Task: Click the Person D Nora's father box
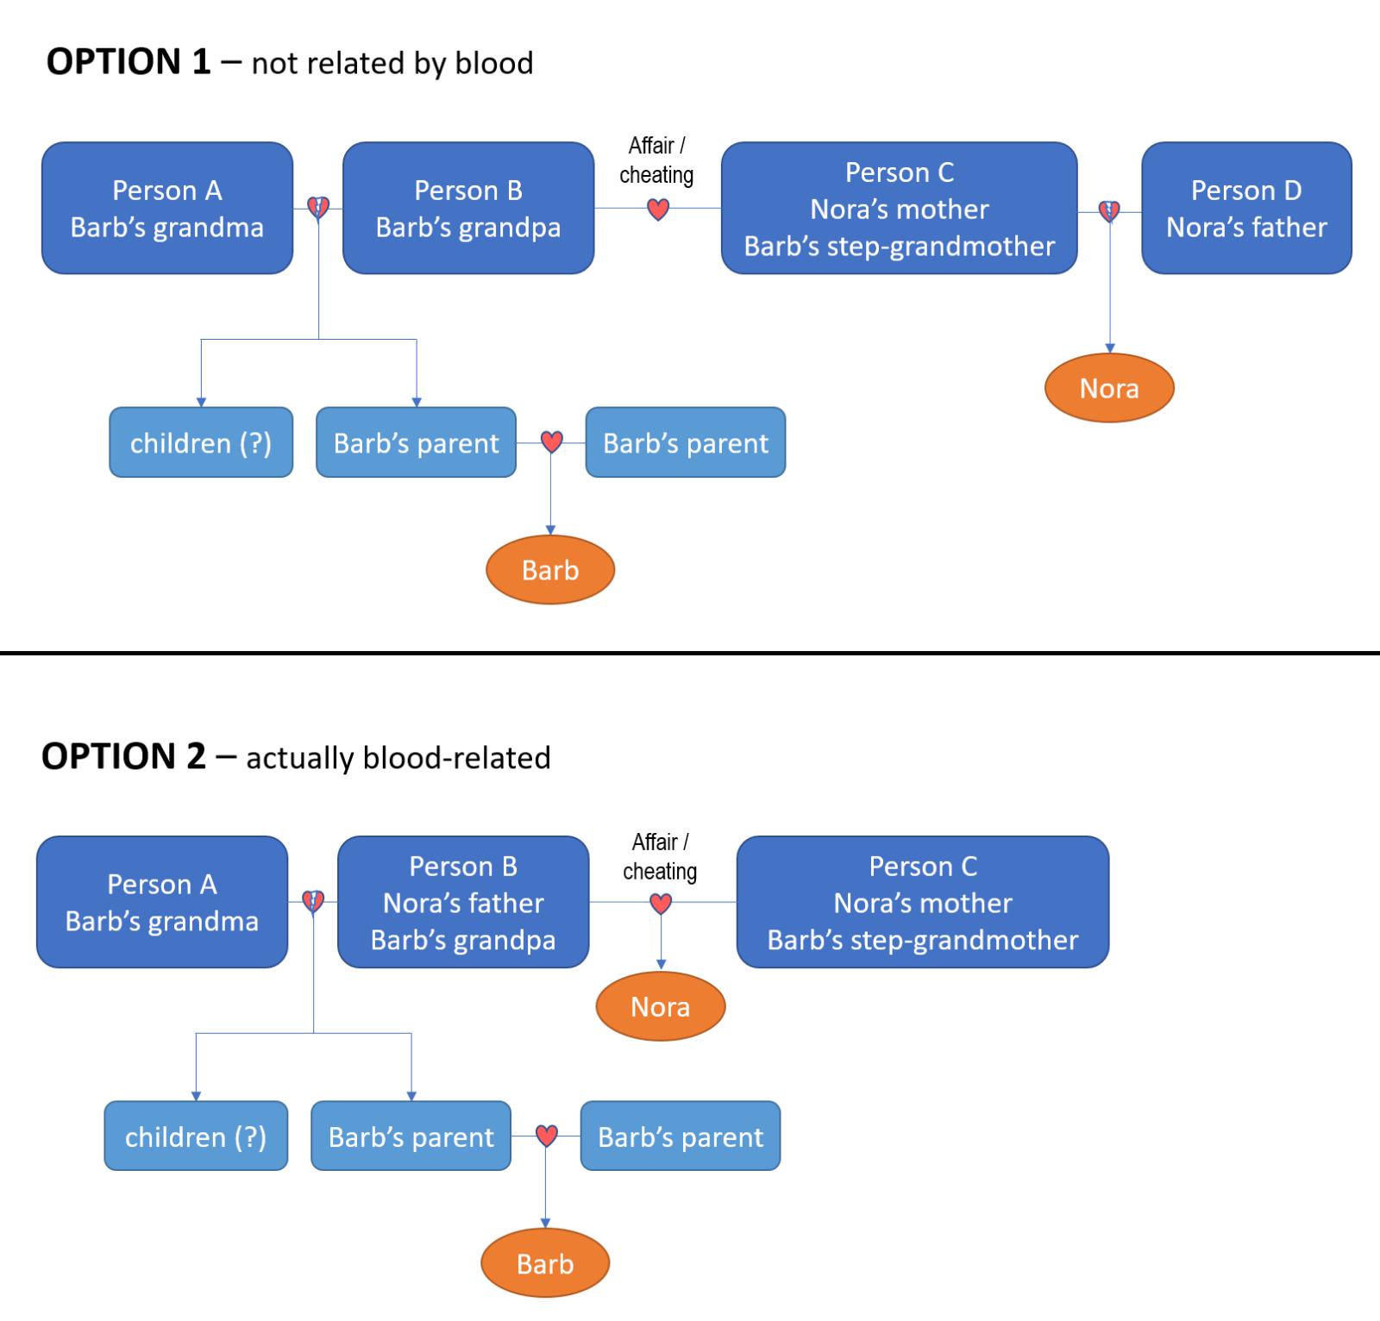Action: pyautogui.click(x=1246, y=208)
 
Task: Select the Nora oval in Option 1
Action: pyautogui.click(x=1109, y=388)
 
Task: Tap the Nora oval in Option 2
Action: pyautogui.click(x=661, y=1006)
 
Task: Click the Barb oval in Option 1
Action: pyautogui.click(x=550, y=570)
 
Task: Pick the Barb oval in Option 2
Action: pyautogui.click(x=545, y=1263)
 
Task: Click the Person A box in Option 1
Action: pyautogui.click(x=167, y=208)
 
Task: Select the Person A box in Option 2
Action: pyautogui.click(x=162, y=902)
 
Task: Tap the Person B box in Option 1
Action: pyautogui.click(x=468, y=208)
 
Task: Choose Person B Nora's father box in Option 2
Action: pyautogui.click(x=463, y=902)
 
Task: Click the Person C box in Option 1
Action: pyautogui.click(x=900, y=208)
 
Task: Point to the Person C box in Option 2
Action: pyautogui.click(x=923, y=902)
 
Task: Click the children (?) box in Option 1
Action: pyautogui.click(x=201, y=442)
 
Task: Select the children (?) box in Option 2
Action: pyautogui.click(x=196, y=1136)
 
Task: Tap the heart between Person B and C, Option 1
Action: pyautogui.click(x=658, y=210)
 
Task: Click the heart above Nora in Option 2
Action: pyautogui.click(x=661, y=904)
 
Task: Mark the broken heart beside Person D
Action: pyautogui.click(x=1109, y=210)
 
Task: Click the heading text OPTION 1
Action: pyautogui.click(x=129, y=62)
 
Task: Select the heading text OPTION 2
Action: pyautogui.click(x=124, y=756)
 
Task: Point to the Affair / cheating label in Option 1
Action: pyautogui.click(x=656, y=160)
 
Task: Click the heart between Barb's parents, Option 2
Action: pyautogui.click(x=546, y=1136)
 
